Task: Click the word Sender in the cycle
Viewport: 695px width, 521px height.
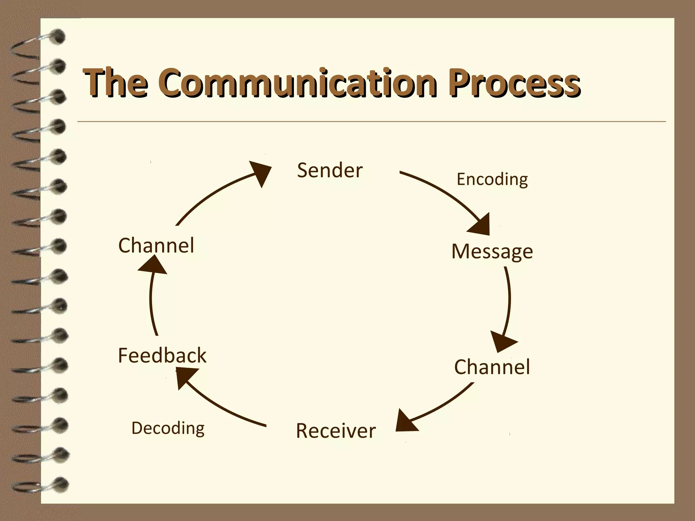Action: tap(330, 170)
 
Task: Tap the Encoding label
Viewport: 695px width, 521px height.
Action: tap(492, 179)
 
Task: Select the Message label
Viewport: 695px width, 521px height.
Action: tap(492, 252)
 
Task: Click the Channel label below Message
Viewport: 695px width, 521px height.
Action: tap(492, 367)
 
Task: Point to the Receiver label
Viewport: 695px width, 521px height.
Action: tap(336, 431)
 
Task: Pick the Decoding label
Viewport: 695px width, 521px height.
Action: tap(168, 428)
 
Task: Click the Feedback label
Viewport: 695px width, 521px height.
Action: tap(162, 355)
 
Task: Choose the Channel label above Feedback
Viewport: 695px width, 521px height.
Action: tap(156, 245)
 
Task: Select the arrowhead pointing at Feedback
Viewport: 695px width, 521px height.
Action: tap(185, 377)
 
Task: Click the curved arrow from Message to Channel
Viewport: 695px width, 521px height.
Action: tap(509, 298)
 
